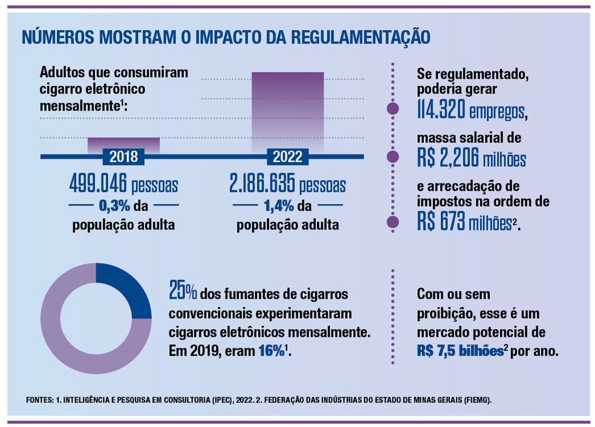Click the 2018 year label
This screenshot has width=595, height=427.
(x=123, y=157)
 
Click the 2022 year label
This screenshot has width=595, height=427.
(x=288, y=157)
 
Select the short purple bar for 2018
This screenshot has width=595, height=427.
(x=123, y=144)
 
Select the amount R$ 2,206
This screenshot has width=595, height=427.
(x=447, y=158)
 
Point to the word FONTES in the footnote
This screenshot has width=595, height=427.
(x=41, y=400)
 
